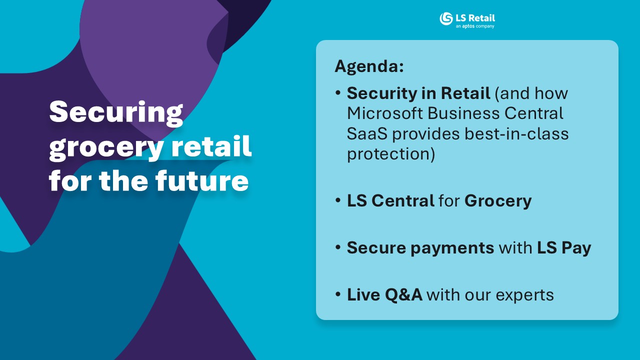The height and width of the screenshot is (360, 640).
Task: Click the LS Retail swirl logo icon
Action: pos(446,19)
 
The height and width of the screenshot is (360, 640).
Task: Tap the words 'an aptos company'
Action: pos(475,26)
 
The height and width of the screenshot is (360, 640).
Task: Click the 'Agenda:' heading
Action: pos(369,66)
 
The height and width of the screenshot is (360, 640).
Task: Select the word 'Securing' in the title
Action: pos(116,113)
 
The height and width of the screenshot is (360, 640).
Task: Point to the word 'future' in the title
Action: pos(201,180)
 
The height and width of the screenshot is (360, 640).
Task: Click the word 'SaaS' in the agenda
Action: pos(367,133)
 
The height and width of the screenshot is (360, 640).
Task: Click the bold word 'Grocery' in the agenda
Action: pos(498,201)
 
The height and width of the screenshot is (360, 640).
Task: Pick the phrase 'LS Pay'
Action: pos(564,248)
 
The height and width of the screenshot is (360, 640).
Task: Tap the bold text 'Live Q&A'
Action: pos(384,294)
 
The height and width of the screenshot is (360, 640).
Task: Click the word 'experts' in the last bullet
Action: pos(524,295)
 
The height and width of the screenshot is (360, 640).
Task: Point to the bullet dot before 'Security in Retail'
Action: pos(338,93)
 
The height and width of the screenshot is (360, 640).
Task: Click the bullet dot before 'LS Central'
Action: pos(338,200)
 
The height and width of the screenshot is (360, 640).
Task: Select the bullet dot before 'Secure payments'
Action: pos(338,247)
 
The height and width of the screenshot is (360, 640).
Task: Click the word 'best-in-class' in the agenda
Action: pos(517,133)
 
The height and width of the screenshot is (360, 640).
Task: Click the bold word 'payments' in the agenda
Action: pos(452,248)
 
